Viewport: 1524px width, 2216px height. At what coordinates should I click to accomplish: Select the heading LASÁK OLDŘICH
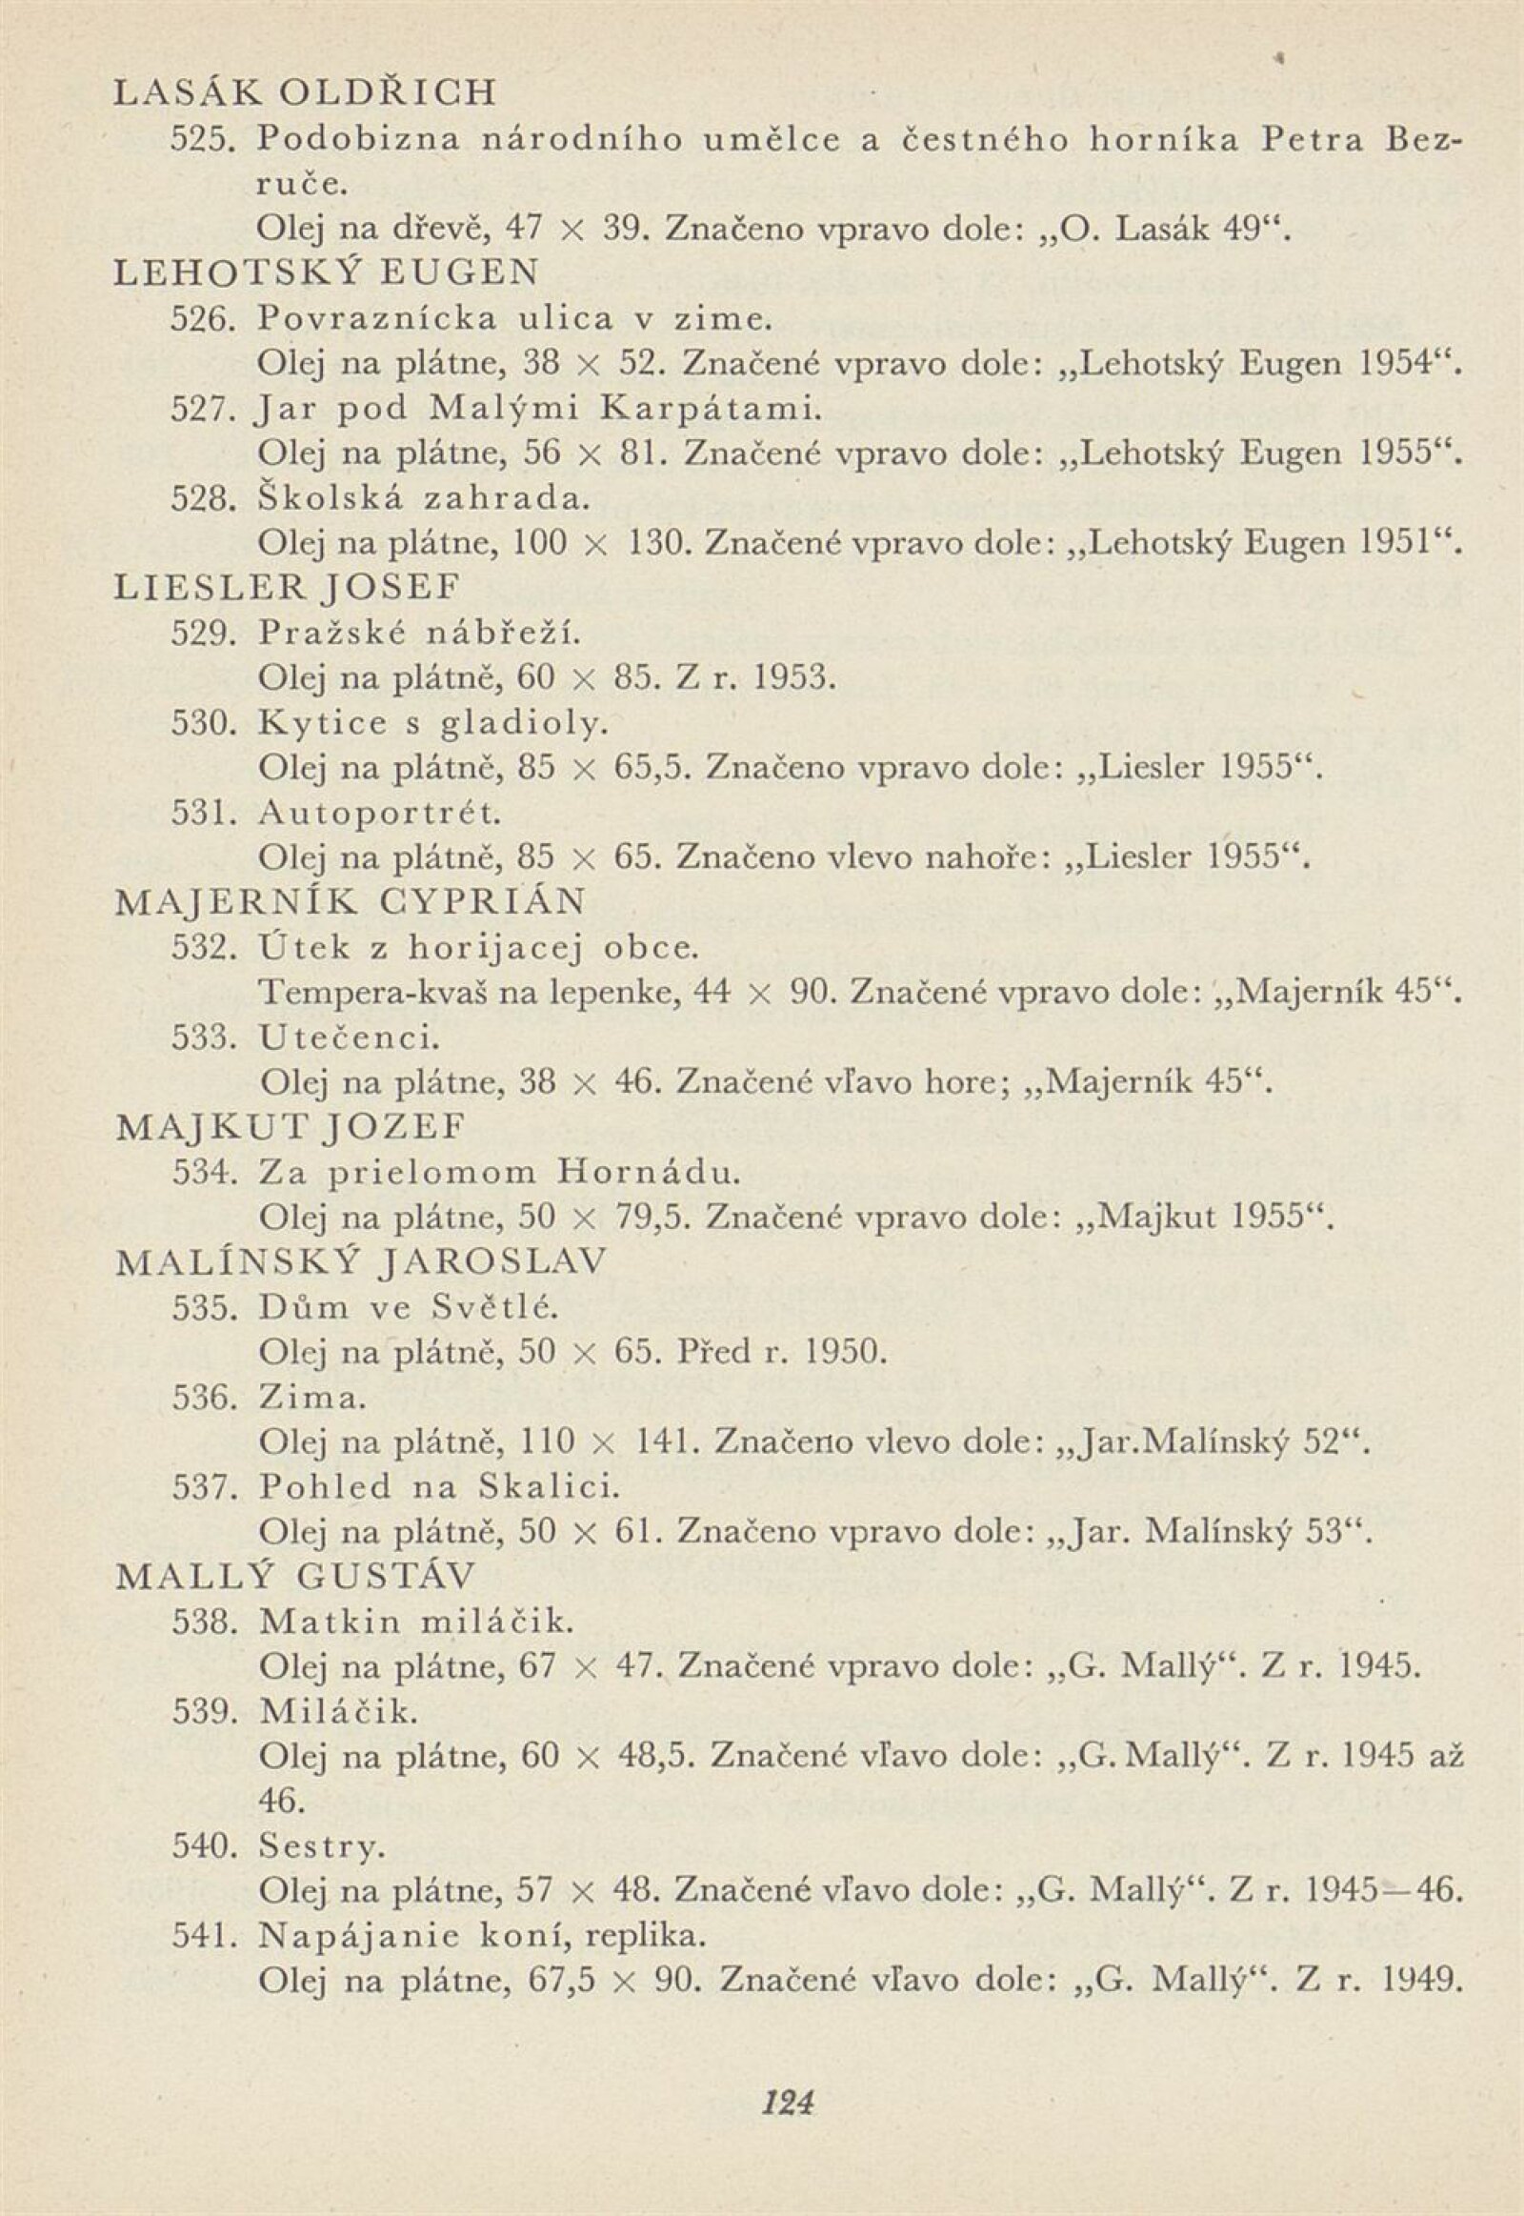(306, 92)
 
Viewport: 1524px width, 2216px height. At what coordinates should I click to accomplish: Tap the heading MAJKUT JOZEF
(291, 1128)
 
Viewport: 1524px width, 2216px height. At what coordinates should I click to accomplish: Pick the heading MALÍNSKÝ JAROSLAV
(360, 1262)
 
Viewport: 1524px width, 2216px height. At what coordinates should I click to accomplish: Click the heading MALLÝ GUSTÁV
(295, 1577)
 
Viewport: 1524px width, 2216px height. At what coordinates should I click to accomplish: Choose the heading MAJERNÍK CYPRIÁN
(350, 902)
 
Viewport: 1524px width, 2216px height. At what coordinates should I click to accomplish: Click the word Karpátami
(709, 409)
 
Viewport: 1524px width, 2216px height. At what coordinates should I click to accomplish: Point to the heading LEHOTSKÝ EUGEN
(326, 274)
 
